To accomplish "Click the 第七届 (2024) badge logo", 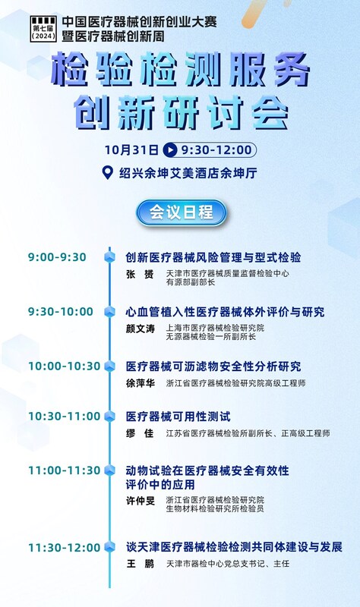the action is point(43,29).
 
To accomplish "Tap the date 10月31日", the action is point(131,149).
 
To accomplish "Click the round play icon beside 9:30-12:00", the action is point(170,149).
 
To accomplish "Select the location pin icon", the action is point(107,173).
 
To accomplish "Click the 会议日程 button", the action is point(181,212).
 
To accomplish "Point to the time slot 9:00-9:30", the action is point(57,257).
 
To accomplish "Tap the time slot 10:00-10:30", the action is point(65,366).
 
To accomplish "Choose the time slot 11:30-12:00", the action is point(65,548).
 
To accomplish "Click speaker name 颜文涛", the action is point(141,329).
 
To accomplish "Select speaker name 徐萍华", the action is point(141,383).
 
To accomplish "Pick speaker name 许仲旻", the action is point(141,501).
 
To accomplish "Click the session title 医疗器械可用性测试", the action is point(178,417).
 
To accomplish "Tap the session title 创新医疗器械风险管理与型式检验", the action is point(213,257).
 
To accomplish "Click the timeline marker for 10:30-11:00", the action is point(110,416).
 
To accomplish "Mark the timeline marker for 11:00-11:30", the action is point(110,470).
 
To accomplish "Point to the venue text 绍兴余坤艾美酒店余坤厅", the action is point(188,173).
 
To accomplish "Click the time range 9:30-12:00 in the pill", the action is point(216,149).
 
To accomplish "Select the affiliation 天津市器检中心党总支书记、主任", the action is point(228,564).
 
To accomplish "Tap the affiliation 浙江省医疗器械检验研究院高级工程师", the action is point(236,383).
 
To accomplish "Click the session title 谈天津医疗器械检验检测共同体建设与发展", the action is point(234,547).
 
